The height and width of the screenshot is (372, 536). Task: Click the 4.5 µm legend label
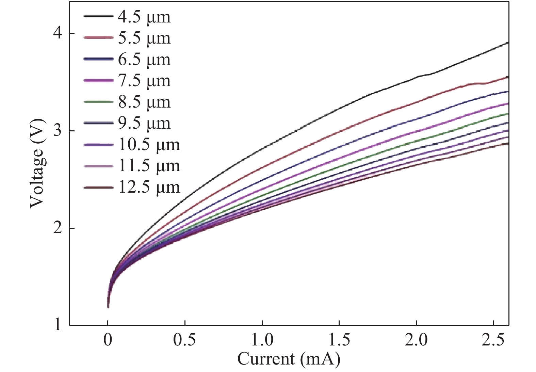(x=144, y=17)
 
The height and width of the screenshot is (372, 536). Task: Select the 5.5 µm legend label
(x=144, y=38)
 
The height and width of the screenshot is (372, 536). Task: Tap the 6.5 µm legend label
(x=144, y=60)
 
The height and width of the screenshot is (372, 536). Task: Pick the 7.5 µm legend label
(x=144, y=81)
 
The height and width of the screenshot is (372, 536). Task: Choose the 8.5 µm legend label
(x=144, y=102)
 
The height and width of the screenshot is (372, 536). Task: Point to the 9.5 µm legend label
(x=144, y=124)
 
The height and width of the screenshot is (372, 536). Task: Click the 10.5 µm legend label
(x=149, y=145)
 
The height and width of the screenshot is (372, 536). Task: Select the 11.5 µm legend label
(x=149, y=166)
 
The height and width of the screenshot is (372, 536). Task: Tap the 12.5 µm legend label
(x=149, y=187)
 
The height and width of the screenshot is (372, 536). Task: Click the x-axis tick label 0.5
(x=184, y=340)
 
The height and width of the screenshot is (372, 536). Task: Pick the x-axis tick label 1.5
(x=339, y=340)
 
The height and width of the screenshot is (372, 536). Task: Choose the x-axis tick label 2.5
(x=493, y=340)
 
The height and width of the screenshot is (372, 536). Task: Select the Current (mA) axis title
(x=289, y=359)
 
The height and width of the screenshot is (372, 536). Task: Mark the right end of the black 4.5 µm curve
(x=508, y=43)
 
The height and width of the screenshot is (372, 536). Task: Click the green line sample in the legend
(x=98, y=102)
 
